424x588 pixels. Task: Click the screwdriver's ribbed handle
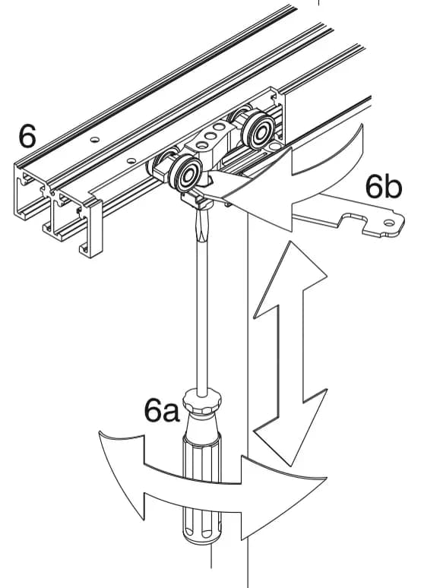(202, 488)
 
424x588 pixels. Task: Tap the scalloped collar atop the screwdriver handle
(202, 401)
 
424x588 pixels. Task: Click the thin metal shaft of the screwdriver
(202, 315)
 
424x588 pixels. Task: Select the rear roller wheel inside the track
(259, 130)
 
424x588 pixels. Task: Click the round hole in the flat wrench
(390, 223)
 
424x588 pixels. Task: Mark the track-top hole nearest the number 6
(95, 140)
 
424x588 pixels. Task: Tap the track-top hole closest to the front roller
(131, 161)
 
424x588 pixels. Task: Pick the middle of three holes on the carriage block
(211, 136)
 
